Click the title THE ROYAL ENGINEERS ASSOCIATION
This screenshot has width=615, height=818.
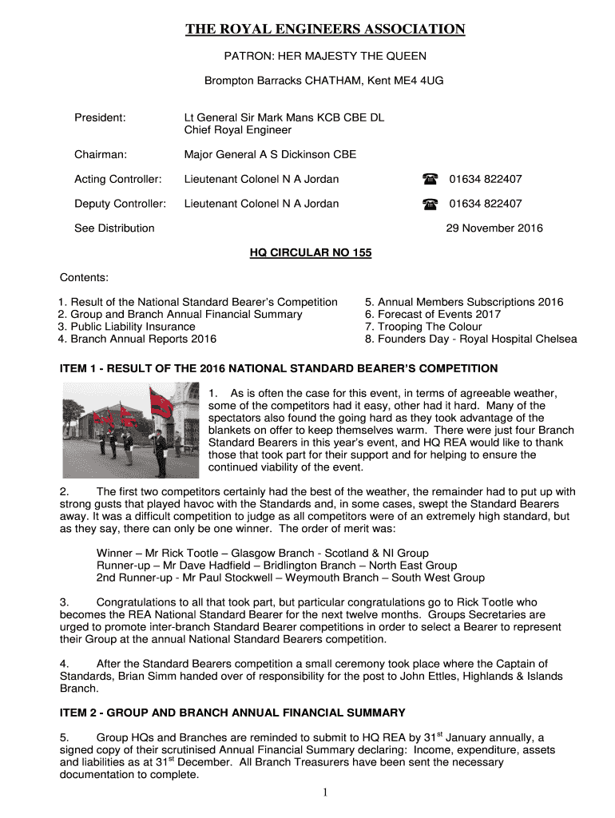point(325,30)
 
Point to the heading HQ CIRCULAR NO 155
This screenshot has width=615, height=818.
point(311,253)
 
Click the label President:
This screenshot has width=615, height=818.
point(100,117)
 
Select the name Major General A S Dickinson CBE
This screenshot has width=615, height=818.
point(270,155)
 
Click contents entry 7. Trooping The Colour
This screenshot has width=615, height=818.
point(423,327)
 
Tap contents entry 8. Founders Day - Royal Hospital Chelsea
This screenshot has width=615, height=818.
point(470,339)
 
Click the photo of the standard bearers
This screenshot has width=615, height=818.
point(130,429)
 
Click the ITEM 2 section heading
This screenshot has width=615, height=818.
point(233,713)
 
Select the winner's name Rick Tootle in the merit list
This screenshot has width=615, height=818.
point(183,554)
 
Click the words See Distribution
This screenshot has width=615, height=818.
point(114,228)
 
